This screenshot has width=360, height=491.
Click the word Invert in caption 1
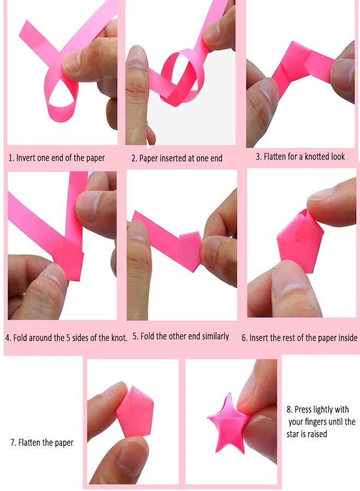[26, 158]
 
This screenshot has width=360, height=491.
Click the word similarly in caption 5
[215, 337]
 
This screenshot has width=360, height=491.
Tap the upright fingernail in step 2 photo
[137, 58]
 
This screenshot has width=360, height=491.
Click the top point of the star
[229, 394]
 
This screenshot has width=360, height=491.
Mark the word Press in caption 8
[303, 409]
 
